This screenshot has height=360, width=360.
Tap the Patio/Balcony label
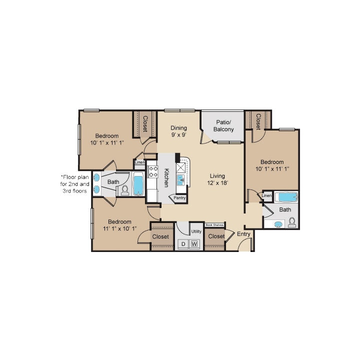223,125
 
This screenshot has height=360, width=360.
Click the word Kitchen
166,178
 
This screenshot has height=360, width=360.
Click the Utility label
196,231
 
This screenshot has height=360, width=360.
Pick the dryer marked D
183,244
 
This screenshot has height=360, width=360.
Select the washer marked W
195,244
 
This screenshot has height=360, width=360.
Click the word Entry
243,234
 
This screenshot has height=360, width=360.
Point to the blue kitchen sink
183,178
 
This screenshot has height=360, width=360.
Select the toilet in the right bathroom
292,221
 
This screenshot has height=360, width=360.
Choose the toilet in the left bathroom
125,190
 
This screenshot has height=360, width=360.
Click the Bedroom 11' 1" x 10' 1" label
119,225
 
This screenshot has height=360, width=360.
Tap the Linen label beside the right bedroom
267,195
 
